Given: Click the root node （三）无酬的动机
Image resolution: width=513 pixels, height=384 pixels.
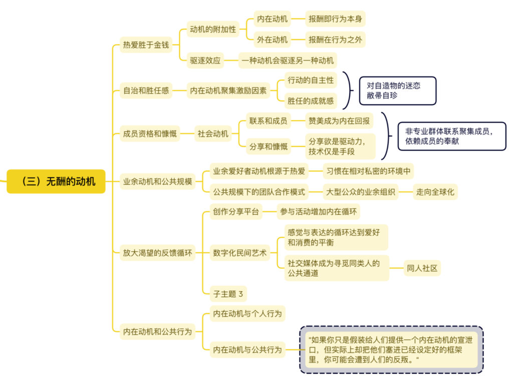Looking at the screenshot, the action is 56,181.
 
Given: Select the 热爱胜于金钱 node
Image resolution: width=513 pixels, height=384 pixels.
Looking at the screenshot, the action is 146,44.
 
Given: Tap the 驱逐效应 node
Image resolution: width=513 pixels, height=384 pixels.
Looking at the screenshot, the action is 205,60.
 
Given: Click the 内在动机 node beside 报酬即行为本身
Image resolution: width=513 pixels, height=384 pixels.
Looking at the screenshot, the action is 272,19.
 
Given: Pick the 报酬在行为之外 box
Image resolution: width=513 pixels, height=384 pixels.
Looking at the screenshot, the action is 335,39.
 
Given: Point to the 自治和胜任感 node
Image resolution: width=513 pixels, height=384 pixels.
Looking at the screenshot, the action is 146,90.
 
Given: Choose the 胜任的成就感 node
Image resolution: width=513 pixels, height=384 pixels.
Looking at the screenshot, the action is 311,101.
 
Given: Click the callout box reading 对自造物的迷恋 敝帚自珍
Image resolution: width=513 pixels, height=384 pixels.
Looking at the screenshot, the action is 398,91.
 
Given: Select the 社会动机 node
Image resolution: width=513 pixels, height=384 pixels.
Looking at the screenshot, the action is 213,133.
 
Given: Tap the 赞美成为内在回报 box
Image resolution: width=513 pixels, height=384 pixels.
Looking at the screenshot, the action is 339,121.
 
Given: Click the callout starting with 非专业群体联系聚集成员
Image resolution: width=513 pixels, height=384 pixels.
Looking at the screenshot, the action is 452,136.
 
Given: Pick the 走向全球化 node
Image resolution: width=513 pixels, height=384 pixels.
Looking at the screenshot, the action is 435,192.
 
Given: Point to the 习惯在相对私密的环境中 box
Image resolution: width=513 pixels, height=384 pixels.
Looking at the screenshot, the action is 368,171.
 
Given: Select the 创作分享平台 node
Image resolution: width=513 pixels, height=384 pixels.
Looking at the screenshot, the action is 236,211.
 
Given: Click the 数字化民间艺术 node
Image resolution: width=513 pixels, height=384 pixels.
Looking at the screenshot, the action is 240,252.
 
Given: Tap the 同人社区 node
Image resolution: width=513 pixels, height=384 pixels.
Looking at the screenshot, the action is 422,268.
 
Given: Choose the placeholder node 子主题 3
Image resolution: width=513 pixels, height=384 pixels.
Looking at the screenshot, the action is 228,294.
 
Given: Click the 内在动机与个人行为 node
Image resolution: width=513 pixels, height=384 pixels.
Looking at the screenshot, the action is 247,313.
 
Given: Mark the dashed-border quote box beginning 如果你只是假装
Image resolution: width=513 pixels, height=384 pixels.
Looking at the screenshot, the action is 391,349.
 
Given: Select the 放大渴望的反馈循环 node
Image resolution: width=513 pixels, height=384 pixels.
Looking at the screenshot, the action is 157,252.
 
